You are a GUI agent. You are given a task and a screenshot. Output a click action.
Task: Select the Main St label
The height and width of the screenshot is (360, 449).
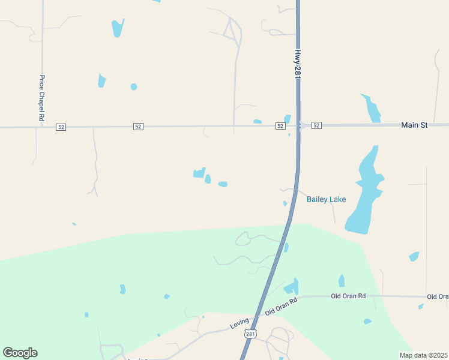(414, 125)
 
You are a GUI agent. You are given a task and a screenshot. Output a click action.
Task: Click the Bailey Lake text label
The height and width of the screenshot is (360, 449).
(326, 199)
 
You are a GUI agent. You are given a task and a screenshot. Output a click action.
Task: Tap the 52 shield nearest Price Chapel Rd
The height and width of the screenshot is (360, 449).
(61, 127)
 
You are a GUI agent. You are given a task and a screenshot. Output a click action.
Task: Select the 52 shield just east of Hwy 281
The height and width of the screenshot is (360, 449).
(316, 125)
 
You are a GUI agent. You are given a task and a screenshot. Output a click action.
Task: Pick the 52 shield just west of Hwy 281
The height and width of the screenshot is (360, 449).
(280, 126)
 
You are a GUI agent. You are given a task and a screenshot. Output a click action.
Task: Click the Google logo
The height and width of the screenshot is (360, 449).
(20, 352)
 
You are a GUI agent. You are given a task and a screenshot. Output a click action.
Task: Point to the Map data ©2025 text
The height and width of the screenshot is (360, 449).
(424, 355)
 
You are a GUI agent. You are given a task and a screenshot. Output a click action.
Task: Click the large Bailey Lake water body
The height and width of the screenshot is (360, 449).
(363, 192)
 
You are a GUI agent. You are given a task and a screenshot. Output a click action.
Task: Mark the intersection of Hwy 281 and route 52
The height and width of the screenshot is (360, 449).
(298, 125)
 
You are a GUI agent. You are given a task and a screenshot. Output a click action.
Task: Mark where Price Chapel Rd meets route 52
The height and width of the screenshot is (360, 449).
(42, 127)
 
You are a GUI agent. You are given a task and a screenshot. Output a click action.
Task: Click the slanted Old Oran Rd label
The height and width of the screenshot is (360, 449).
(282, 307)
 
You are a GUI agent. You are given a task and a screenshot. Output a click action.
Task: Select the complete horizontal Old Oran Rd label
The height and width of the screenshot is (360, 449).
(349, 296)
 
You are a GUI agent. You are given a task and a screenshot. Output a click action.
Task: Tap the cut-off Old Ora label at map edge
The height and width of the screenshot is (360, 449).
(438, 296)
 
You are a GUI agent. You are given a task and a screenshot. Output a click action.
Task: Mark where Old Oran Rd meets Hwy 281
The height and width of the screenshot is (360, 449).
(259, 316)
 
